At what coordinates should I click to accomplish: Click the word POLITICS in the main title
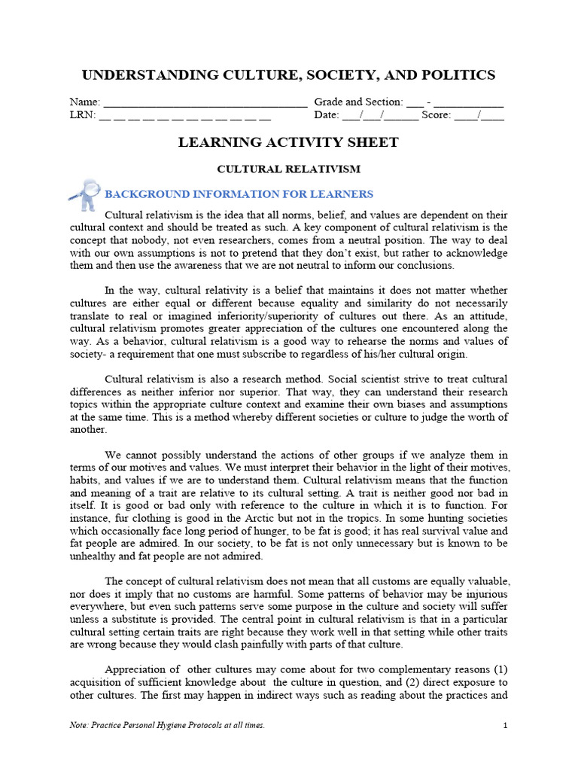(455, 75)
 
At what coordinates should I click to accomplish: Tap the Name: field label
(84, 102)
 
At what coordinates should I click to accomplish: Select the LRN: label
(82, 115)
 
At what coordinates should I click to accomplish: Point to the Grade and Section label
(357, 102)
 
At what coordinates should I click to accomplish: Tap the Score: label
(436, 115)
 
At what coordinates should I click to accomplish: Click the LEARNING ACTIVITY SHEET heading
(288, 142)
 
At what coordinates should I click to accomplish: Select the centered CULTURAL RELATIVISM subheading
(288, 169)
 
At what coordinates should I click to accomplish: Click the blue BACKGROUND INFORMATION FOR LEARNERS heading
(239, 194)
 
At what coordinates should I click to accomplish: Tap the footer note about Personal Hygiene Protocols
(166, 725)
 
